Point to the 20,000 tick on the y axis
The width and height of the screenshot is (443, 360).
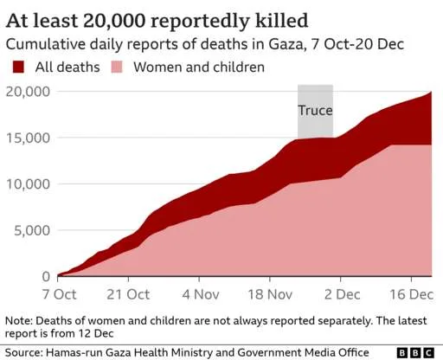pyautogui.click(x=27, y=91)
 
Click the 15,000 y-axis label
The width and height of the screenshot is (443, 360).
pyautogui.click(x=27, y=138)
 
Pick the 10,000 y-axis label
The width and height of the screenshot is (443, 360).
pyautogui.click(x=27, y=184)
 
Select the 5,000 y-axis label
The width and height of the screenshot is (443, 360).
pyautogui.click(x=30, y=230)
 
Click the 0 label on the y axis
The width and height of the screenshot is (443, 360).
pyautogui.click(x=46, y=276)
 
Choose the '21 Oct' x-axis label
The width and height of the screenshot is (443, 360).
pyautogui.click(x=128, y=293)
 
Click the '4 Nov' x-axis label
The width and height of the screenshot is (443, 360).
pyautogui.click(x=198, y=293)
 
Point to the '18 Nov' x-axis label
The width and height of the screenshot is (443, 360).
pyautogui.click(x=269, y=293)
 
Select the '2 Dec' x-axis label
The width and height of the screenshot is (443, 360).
pyautogui.click(x=339, y=293)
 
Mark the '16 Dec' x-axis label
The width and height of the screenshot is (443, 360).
pyautogui.click(x=409, y=293)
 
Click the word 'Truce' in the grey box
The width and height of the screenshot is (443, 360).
pyautogui.click(x=315, y=111)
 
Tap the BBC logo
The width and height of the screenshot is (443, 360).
pyautogui.click(x=417, y=352)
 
